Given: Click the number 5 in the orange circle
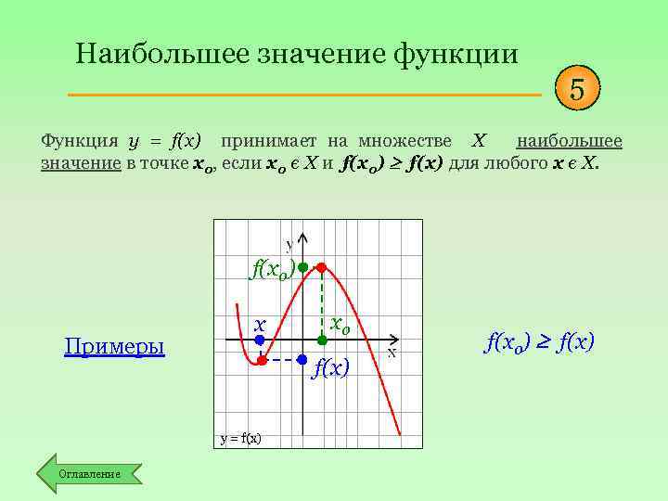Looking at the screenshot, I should (577, 91).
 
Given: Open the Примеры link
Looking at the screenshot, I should (114, 347).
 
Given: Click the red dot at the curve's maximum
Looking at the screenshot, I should (321, 267).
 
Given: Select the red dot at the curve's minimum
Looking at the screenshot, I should (262, 359).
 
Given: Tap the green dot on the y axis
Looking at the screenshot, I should (302, 267).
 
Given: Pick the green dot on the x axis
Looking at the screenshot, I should (321, 340).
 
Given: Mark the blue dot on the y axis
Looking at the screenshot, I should (302, 359).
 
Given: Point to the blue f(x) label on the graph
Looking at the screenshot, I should (331, 368).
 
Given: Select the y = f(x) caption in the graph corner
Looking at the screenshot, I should (240, 438).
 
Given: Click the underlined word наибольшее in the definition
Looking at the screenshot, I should (569, 141).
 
